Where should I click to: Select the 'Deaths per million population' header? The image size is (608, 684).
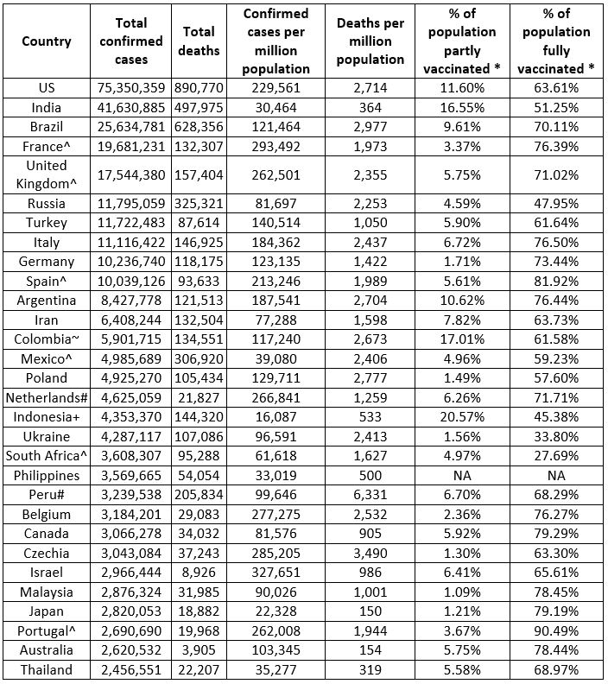click(370, 41)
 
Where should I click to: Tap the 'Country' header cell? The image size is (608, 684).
click(47, 41)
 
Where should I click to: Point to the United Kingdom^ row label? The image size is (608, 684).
click(47, 174)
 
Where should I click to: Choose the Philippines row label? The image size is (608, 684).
click(47, 475)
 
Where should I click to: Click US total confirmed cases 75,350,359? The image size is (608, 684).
click(130, 87)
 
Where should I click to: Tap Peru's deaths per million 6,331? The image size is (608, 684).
click(370, 495)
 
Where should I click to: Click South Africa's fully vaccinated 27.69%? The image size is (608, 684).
click(555, 456)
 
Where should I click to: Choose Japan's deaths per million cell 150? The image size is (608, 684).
click(370, 611)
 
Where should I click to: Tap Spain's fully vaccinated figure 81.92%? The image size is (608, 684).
click(555, 281)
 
